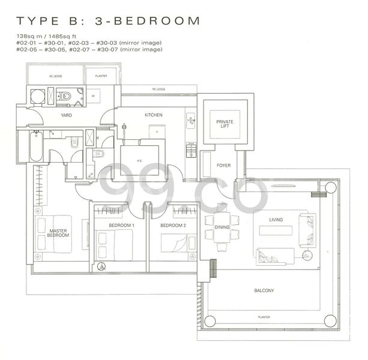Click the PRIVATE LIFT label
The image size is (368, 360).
pyautogui.click(x=225, y=124)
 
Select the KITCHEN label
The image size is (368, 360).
pyautogui.click(x=153, y=115)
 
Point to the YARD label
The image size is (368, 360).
pyautogui.click(x=67, y=115)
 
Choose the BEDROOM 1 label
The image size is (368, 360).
pyautogui.click(x=121, y=226)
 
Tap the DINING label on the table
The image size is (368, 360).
pyautogui.click(x=222, y=227)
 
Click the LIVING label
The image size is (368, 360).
pyautogui.click(x=276, y=220)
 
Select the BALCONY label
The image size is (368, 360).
pyautogui.click(x=264, y=291)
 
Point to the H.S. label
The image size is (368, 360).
pyautogui.click(x=139, y=160)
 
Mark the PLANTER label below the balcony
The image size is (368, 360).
pyautogui.click(x=264, y=317)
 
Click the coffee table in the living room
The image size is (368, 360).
pyautogui.click(x=276, y=229)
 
